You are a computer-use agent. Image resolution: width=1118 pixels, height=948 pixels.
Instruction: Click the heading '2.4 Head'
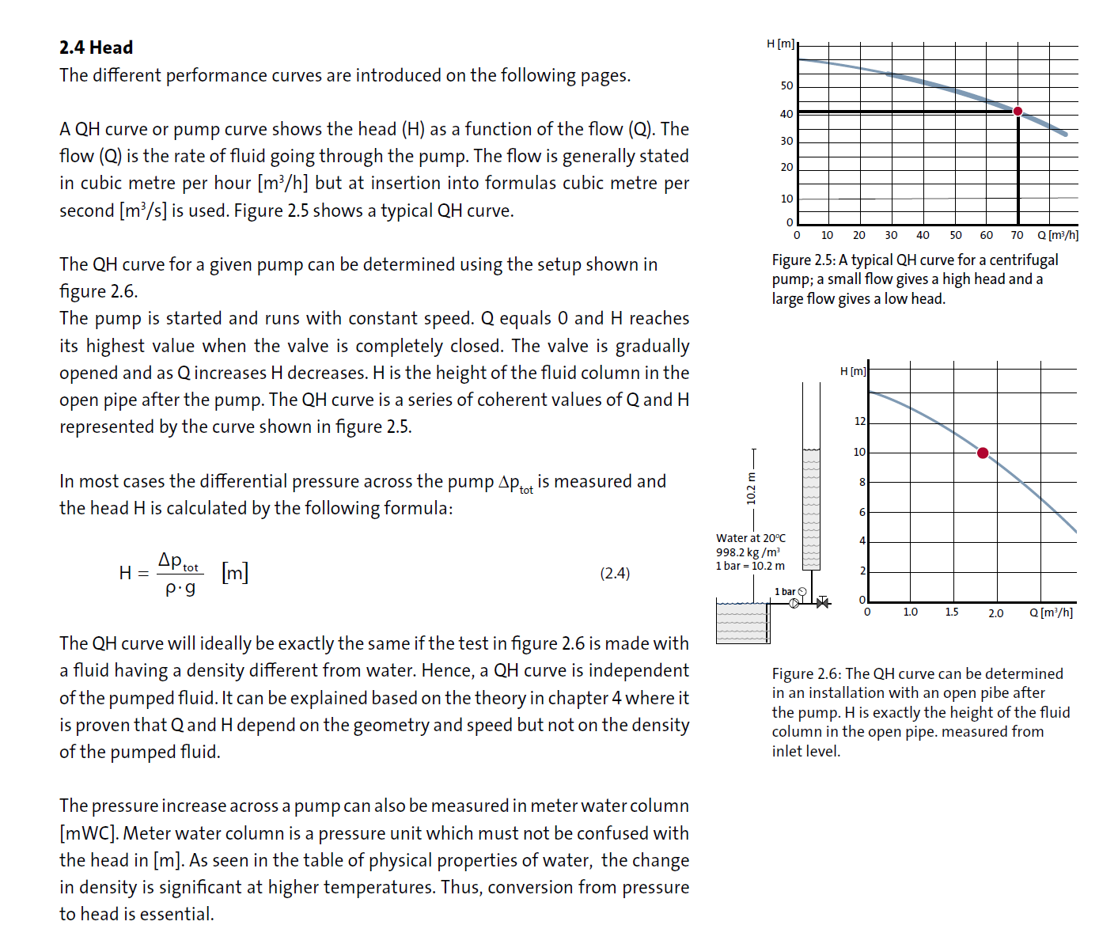[96, 47]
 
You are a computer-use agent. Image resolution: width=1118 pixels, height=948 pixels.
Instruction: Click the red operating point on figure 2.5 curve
[1018, 111]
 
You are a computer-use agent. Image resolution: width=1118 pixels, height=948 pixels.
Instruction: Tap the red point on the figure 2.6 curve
[983, 453]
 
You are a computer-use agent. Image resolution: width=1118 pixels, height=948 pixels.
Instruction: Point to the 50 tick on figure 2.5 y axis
[786, 85]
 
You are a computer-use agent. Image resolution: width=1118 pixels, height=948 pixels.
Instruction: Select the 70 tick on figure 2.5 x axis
[1017, 235]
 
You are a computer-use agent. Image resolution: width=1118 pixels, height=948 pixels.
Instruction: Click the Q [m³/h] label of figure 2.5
[1058, 235]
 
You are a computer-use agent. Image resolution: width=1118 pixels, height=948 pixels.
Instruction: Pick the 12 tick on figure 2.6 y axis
[860, 421]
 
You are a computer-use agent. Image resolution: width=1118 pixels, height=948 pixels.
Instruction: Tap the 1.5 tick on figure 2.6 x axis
[951, 612]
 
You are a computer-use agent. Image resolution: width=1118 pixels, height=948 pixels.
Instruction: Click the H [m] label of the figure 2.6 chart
[853, 371]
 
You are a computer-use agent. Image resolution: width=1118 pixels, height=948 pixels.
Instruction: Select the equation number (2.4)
[615, 573]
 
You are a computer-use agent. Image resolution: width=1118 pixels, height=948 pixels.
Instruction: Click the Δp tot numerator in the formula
[179, 561]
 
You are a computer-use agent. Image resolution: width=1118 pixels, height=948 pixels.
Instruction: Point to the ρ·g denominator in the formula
[180, 588]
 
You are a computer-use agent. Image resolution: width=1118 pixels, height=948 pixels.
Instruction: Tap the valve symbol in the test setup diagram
[823, 603]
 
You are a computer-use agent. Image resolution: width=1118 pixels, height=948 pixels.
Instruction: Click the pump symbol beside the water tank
[794, 603]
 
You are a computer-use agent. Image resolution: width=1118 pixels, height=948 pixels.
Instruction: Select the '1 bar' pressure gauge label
[785, 591]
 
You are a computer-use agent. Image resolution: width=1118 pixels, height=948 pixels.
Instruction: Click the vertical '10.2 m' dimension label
[752, 488]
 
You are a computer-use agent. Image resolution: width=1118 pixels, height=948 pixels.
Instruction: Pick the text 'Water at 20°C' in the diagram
[751, 538]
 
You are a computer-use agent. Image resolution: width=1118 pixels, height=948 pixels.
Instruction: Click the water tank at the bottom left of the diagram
[742, 623]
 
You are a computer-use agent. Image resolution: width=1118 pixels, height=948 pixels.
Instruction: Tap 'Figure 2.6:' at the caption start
[806, 673]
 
